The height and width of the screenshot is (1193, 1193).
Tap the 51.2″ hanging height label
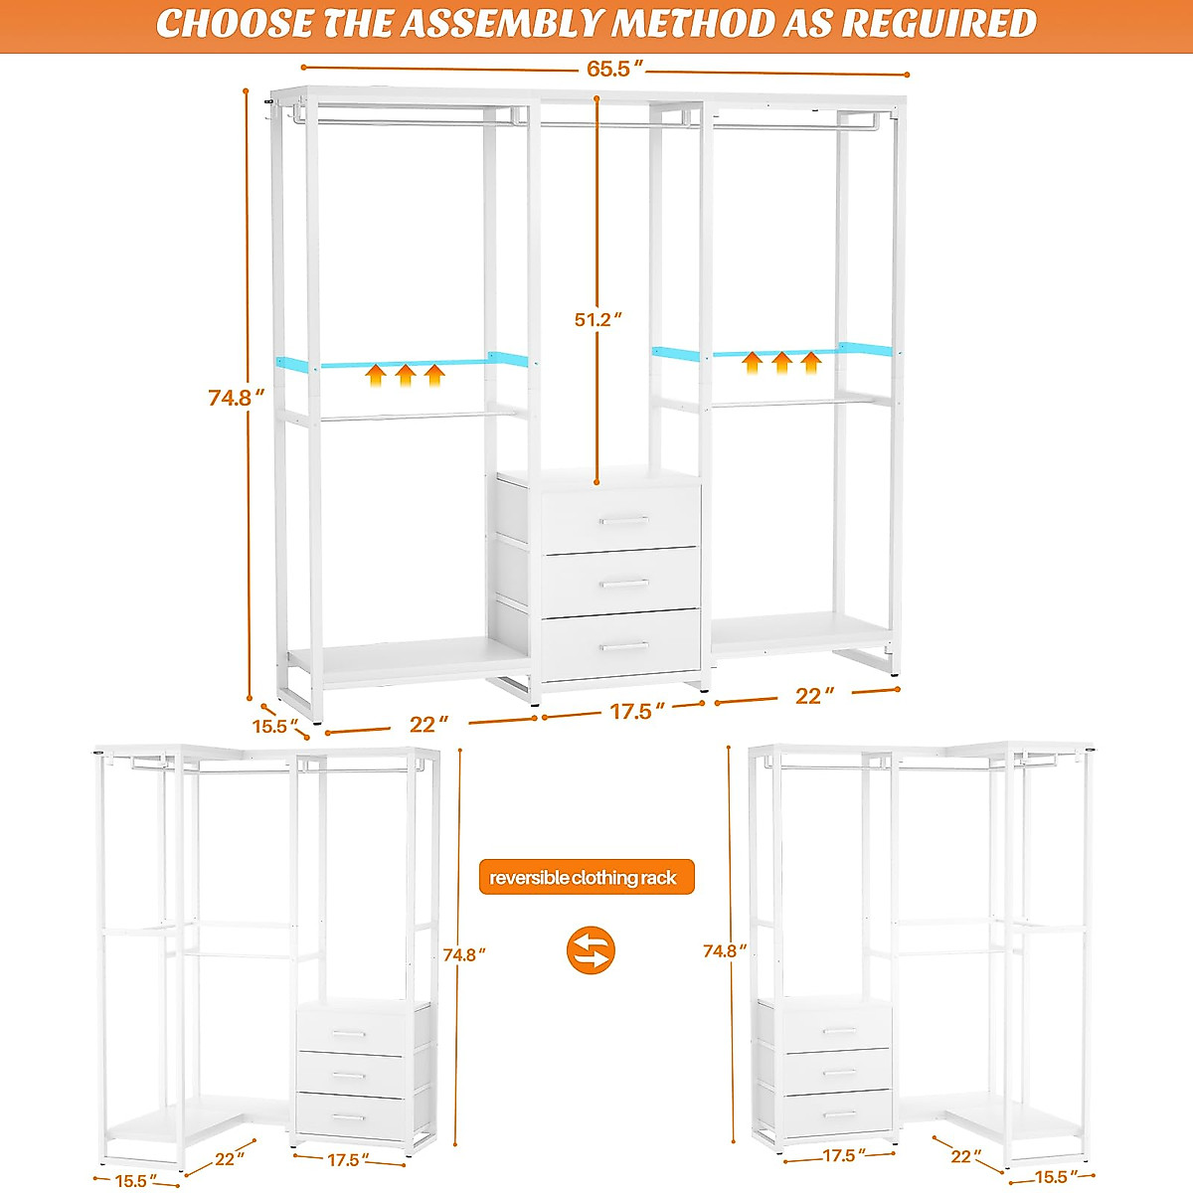(597, 319)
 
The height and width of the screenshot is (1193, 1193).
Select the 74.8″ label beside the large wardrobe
(237, 398)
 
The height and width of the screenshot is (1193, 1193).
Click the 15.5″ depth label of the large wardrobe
(275, 725)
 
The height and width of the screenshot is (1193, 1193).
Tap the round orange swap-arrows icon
(591, 949)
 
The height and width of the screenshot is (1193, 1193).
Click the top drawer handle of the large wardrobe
(623, 519)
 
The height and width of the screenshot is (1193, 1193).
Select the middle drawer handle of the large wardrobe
(623, 584)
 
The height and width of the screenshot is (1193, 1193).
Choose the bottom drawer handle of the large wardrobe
(623, 647)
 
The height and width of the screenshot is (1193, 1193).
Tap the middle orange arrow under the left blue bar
(405, 375)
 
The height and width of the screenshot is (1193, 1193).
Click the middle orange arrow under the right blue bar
(781, 362)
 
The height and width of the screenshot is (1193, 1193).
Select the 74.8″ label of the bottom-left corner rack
(464, 954)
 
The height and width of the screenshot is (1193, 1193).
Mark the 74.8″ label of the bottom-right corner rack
(725, 950)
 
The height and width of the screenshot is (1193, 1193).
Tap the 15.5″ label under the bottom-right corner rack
(1055, 1177)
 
